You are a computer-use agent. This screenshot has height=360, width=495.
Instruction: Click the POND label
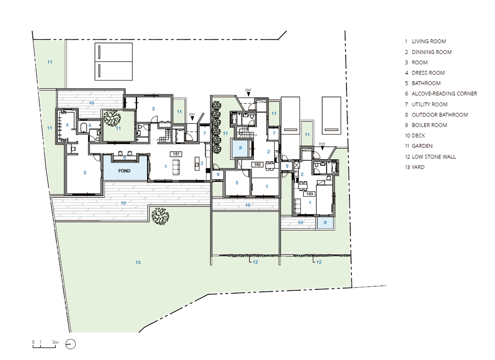(x=124, y=171)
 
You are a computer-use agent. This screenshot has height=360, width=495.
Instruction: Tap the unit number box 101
(x=176, y=154)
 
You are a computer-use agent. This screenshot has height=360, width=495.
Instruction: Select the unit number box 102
(x=257, y=165)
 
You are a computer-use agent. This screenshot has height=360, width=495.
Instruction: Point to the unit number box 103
(x=309, y=194)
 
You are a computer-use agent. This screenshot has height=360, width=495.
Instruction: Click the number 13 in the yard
(x=138, y=262)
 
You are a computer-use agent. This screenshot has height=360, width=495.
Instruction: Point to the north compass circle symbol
(x=71, y=344)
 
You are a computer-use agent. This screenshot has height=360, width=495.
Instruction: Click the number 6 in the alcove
(x=125, y=158)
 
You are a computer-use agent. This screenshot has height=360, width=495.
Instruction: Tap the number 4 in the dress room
(x=67, y=125)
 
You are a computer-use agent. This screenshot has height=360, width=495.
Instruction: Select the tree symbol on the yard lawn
(x=160, y=216)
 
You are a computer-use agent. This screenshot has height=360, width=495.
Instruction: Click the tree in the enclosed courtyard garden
(x=112, y=118)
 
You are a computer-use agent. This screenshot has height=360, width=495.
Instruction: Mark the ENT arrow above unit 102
(x=248, y=94)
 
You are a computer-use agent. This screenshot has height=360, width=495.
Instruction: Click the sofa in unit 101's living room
(x=176, y=167)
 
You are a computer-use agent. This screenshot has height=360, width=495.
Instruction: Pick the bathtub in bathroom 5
(x=84, y=128)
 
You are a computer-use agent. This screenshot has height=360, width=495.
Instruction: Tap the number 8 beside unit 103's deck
(x=325, y=223)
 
